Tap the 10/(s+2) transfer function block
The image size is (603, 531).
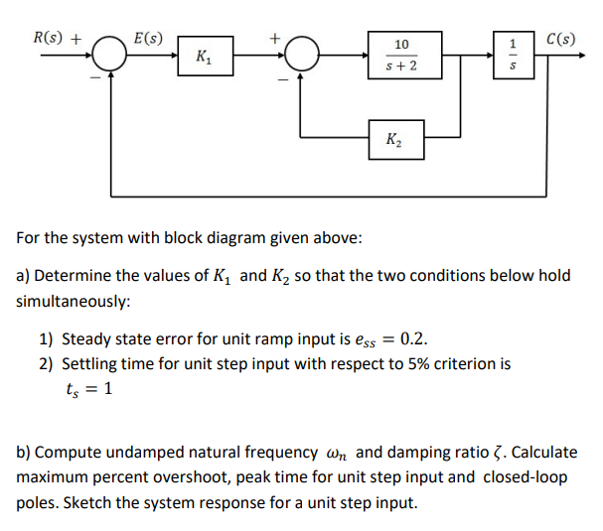(x=400, y=56)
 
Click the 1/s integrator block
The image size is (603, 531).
(x=513, y=56)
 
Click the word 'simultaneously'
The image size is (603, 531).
(x=74, y=299)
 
